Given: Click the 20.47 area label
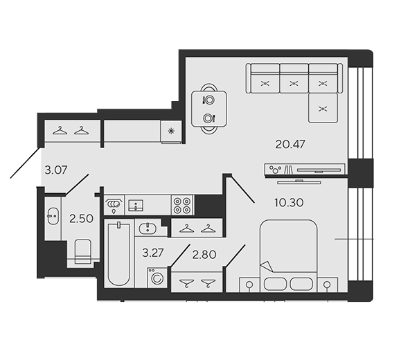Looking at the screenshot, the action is [x=290, y=144].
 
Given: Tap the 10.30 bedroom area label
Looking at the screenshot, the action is [x=289, y=202].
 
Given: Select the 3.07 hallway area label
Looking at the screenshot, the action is [x=55, y=170].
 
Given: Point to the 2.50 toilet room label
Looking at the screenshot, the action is [x=81, y=219].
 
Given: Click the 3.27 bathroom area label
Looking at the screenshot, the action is [x=152, y=253].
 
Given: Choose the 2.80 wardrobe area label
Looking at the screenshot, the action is [x=204, y=255].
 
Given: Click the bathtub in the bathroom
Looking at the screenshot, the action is [x=118, y=254].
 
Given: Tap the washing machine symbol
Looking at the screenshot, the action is [x=157, y=278].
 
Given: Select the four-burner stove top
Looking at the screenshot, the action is [x=183, y=206].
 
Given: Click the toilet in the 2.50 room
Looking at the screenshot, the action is [x=82, y=251].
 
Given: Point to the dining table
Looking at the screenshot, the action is [x=209, y=109].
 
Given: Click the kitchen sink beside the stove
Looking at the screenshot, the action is [x=136, y=206].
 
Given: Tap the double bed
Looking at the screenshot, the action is [x=289, y=255].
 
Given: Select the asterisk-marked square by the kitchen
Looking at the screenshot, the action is [x=171, y=132].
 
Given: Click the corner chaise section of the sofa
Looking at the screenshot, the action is [x=323, y=107].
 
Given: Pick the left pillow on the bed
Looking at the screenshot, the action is [x=275, y=284].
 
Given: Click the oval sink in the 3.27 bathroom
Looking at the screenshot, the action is [x=148, y=228].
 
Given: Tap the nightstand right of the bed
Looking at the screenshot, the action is [x=328, y=285].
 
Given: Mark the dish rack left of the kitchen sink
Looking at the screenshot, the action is [x=114, y=205].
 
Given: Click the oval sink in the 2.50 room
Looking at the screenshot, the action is [x=53, y=216].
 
